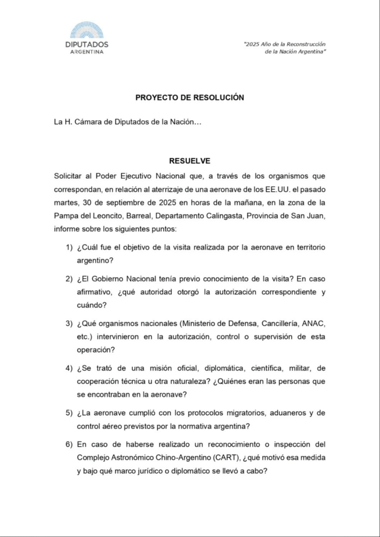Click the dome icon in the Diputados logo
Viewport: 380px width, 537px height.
coord(87,30)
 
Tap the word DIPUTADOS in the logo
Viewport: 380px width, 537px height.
coord(87,45)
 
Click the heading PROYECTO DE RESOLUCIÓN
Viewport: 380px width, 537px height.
coord(189,98)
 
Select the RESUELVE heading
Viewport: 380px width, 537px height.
coord(189,161)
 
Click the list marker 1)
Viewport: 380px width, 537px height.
coord(69,247)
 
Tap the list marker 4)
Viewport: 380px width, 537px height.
coord(69,368)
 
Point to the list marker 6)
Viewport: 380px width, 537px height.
coord(69,444)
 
